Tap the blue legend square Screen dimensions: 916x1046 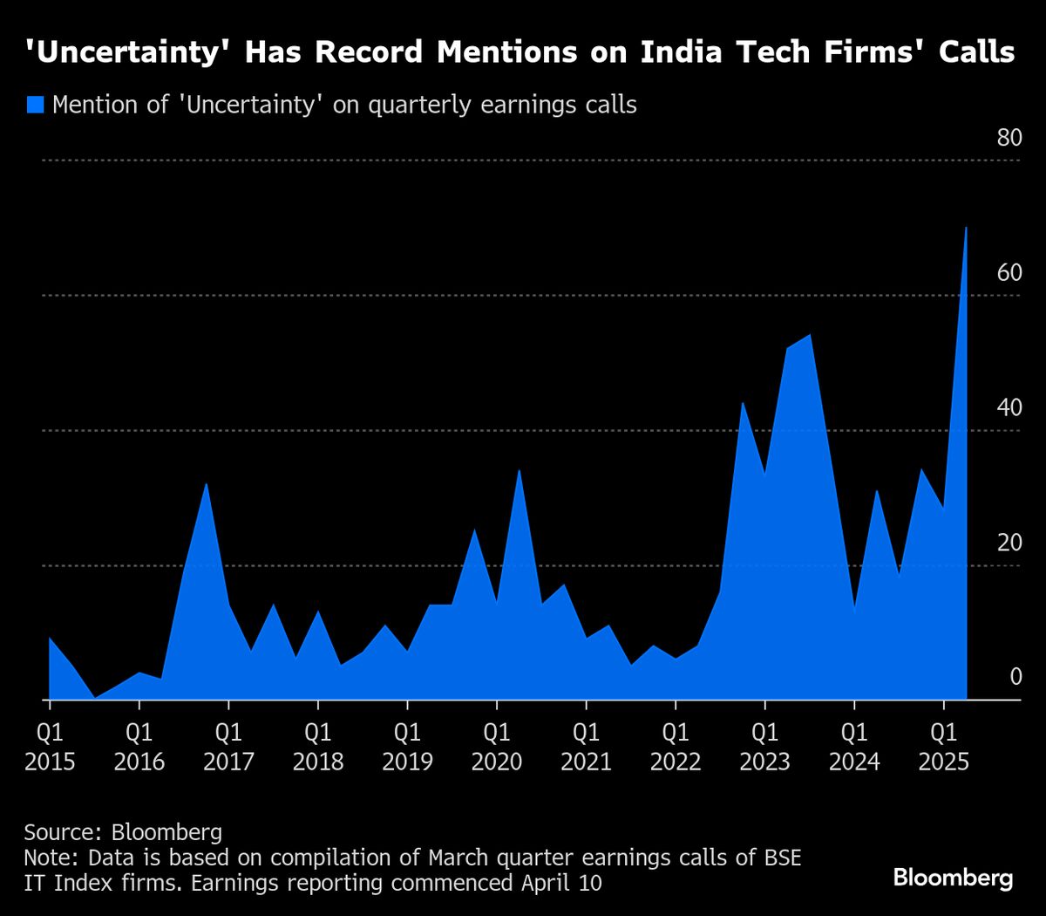(x=35, y=105)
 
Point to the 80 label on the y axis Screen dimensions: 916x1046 (x=1009, y=138)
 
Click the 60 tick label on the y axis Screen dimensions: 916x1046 (x=1009, y=273)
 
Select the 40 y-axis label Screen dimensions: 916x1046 (x=1009, y=408)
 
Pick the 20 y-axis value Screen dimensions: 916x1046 (x=1009, y=543)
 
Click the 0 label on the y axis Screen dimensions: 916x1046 (x=1015, y=677)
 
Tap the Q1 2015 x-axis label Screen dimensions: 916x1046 (x=50, y=746)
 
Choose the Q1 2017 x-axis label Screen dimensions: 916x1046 (x=228, y=746)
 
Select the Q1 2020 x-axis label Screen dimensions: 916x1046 (x=497, y=746)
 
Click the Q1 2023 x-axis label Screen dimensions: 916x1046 (x=764, y=746)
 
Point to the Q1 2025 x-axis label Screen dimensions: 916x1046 (x=944, y=746)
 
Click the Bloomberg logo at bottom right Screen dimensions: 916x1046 (x=953, y=877)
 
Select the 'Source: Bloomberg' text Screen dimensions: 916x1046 (x=123, y=832)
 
